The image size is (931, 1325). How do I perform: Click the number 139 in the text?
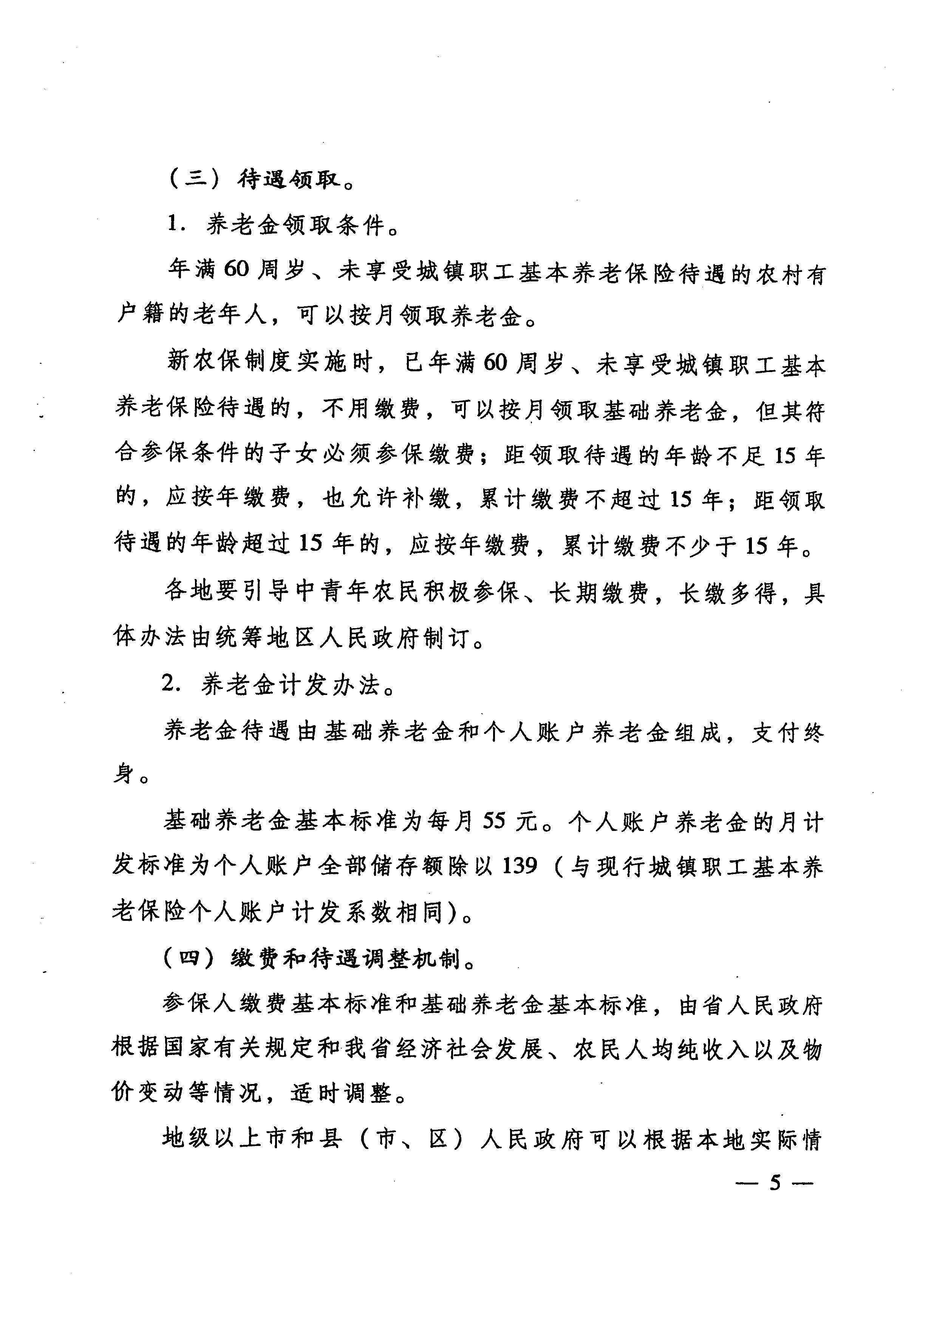tap(520, 866)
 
